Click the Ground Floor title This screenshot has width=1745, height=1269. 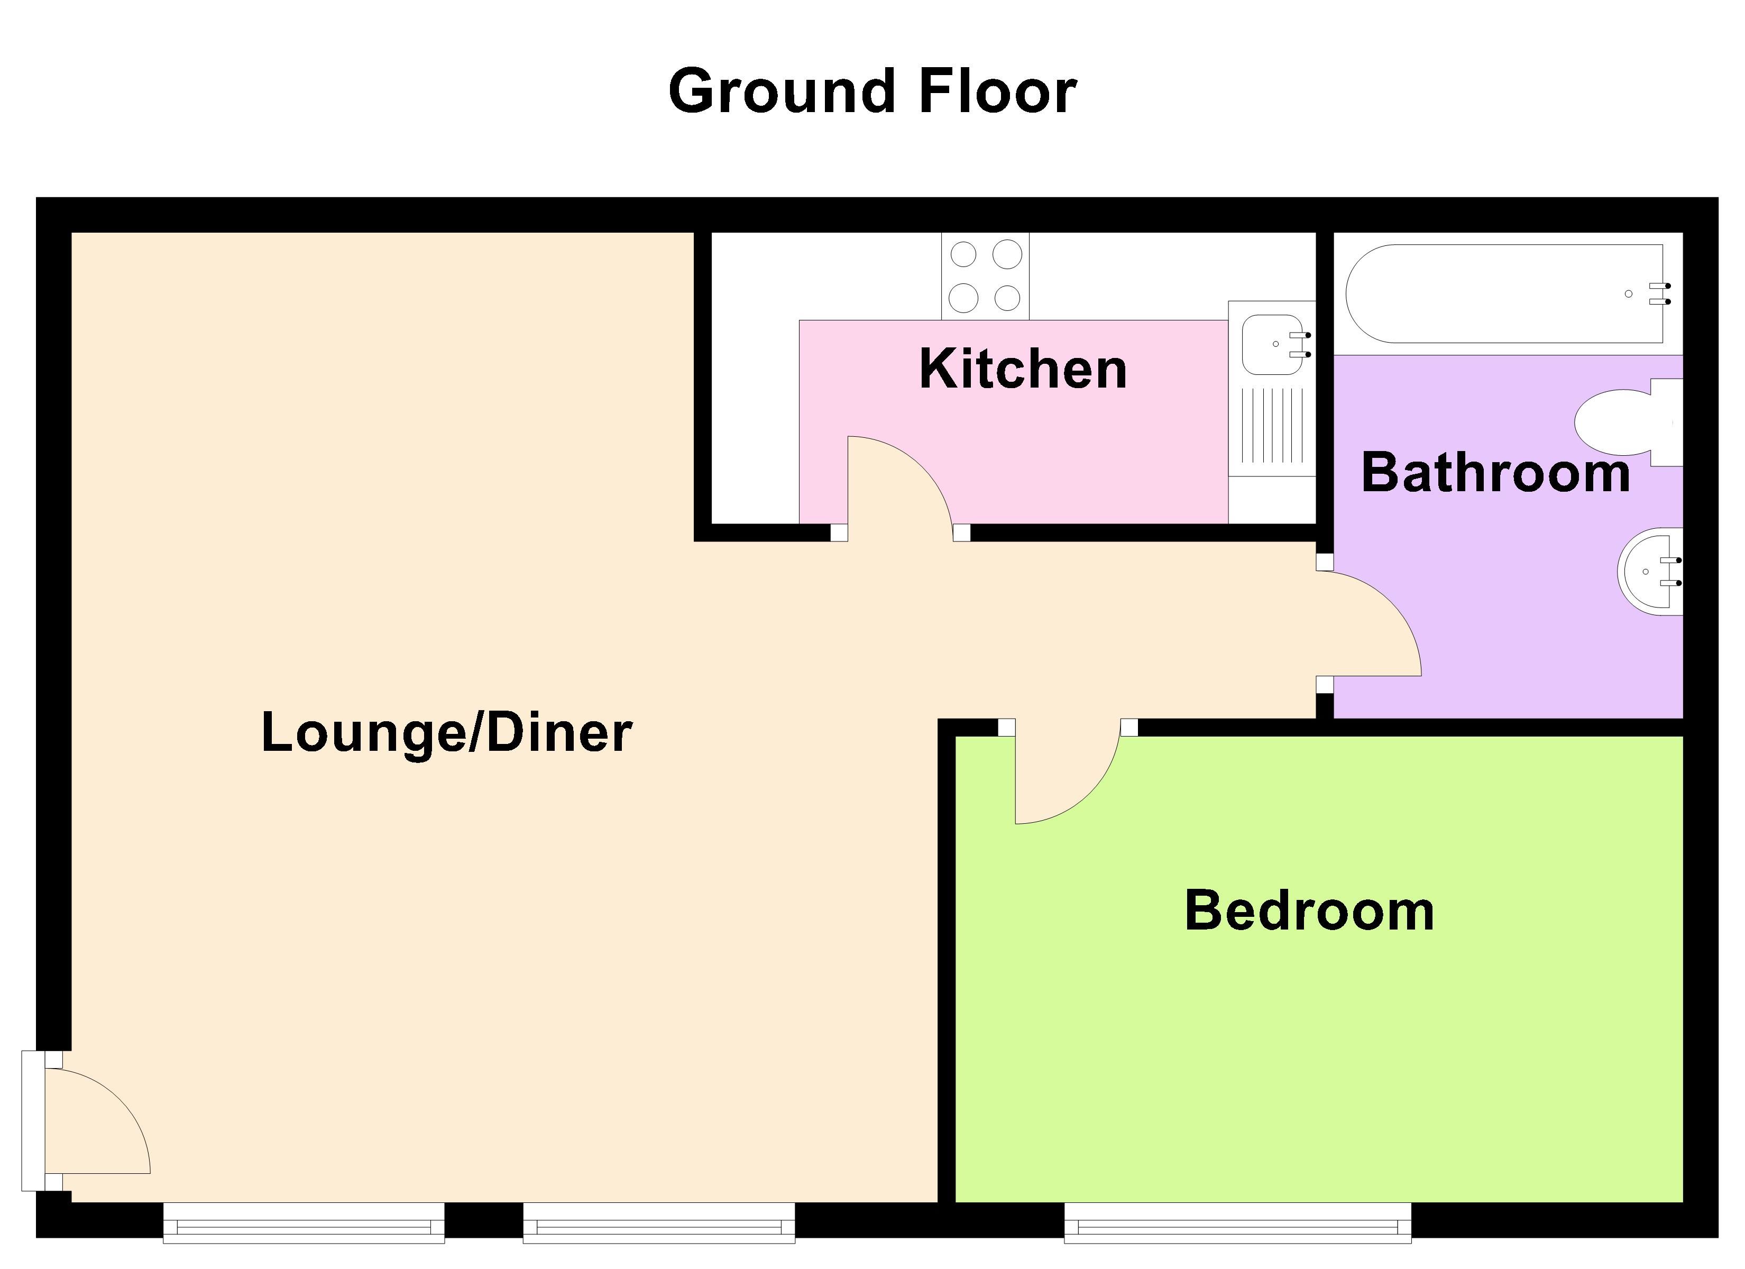(x=872, y=91)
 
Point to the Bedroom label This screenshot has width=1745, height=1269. (x=1309, y=911)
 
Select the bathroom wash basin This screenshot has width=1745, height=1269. (x=1650, y=572)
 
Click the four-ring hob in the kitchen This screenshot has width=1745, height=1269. (x=985, y=275)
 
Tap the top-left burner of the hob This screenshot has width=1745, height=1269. (x=963, y=254)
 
